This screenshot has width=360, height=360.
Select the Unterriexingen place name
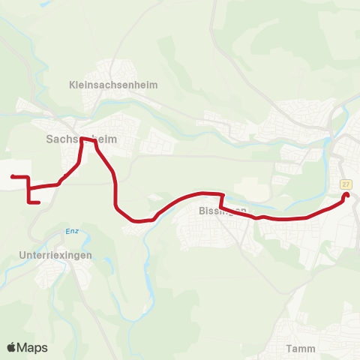pos(55,255)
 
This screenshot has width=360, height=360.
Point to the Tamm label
pos(300,348)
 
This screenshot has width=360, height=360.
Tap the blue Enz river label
pos(72,231)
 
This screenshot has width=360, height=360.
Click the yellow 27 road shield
pos(346,184)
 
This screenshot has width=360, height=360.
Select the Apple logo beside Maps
pos(12,347)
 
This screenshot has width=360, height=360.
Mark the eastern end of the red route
pos(346,196)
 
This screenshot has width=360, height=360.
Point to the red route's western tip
pos(13,176)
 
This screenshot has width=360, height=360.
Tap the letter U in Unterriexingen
pos(21,255)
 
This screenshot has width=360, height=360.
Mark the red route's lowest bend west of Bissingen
pos(136,221)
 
